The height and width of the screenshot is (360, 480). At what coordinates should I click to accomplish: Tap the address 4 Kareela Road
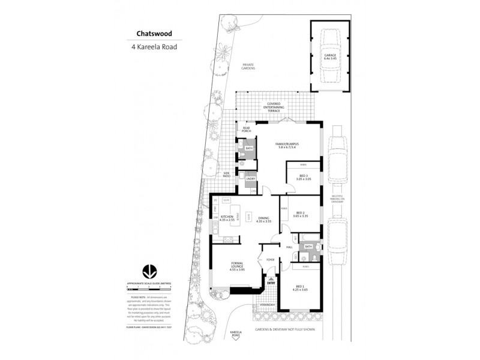[x=152, y=46]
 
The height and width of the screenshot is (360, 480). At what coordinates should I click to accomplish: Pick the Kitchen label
[x=227, y=218]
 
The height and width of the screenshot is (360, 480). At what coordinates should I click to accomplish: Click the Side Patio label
[x=227, y=175]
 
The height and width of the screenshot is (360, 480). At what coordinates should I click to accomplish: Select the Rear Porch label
[x=245, y=129]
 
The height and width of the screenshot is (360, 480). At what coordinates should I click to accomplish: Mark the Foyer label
[x=271, y=259]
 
